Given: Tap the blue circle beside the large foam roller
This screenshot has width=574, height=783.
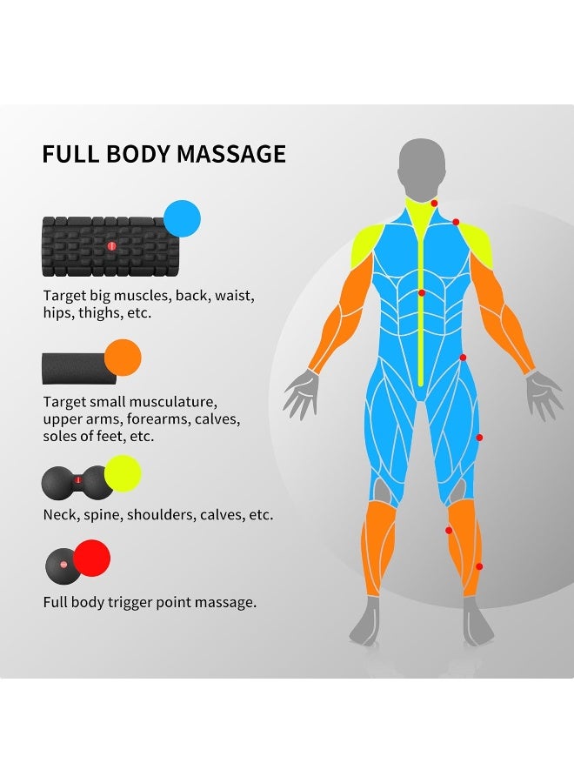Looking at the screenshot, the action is tap(182, 218).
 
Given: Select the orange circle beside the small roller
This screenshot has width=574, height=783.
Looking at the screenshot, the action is tap(123, 358).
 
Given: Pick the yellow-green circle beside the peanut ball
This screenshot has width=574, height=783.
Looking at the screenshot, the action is tap(123, 473).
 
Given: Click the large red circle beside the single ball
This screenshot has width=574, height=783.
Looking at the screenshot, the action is tap(92, 558).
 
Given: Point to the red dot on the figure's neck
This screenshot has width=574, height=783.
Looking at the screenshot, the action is tap(434, 204).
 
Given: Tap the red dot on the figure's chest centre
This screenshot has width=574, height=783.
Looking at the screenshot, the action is tap(422, 292).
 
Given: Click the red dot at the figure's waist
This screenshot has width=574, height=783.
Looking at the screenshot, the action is tap(463, 358).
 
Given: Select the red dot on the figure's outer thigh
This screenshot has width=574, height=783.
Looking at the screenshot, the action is tap(479, 438).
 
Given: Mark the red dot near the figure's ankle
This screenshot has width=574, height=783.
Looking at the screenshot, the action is tap(479, 566).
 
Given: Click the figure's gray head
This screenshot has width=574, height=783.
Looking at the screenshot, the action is tap(422, 168).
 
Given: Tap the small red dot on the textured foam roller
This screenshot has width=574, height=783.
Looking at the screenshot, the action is tap(111, 245).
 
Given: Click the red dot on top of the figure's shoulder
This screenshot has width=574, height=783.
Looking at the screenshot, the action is tap(456, 222).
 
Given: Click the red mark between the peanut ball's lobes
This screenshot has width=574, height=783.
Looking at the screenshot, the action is tap(77, 480).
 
